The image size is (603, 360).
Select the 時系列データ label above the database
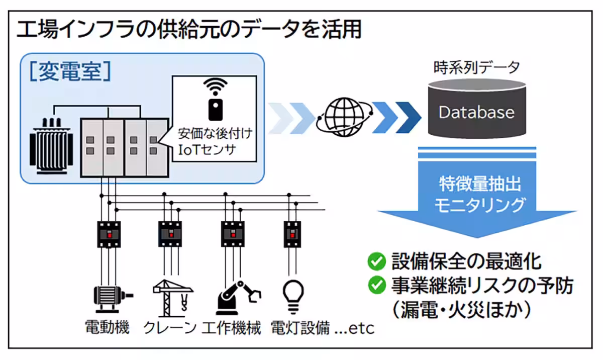[476, 67]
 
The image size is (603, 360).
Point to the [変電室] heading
[69, 71]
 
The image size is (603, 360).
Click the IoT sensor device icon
[215, 108]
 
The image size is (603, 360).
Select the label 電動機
[107, 328]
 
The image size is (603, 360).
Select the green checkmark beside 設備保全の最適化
[376, 261]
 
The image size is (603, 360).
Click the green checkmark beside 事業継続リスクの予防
[376, 286]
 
